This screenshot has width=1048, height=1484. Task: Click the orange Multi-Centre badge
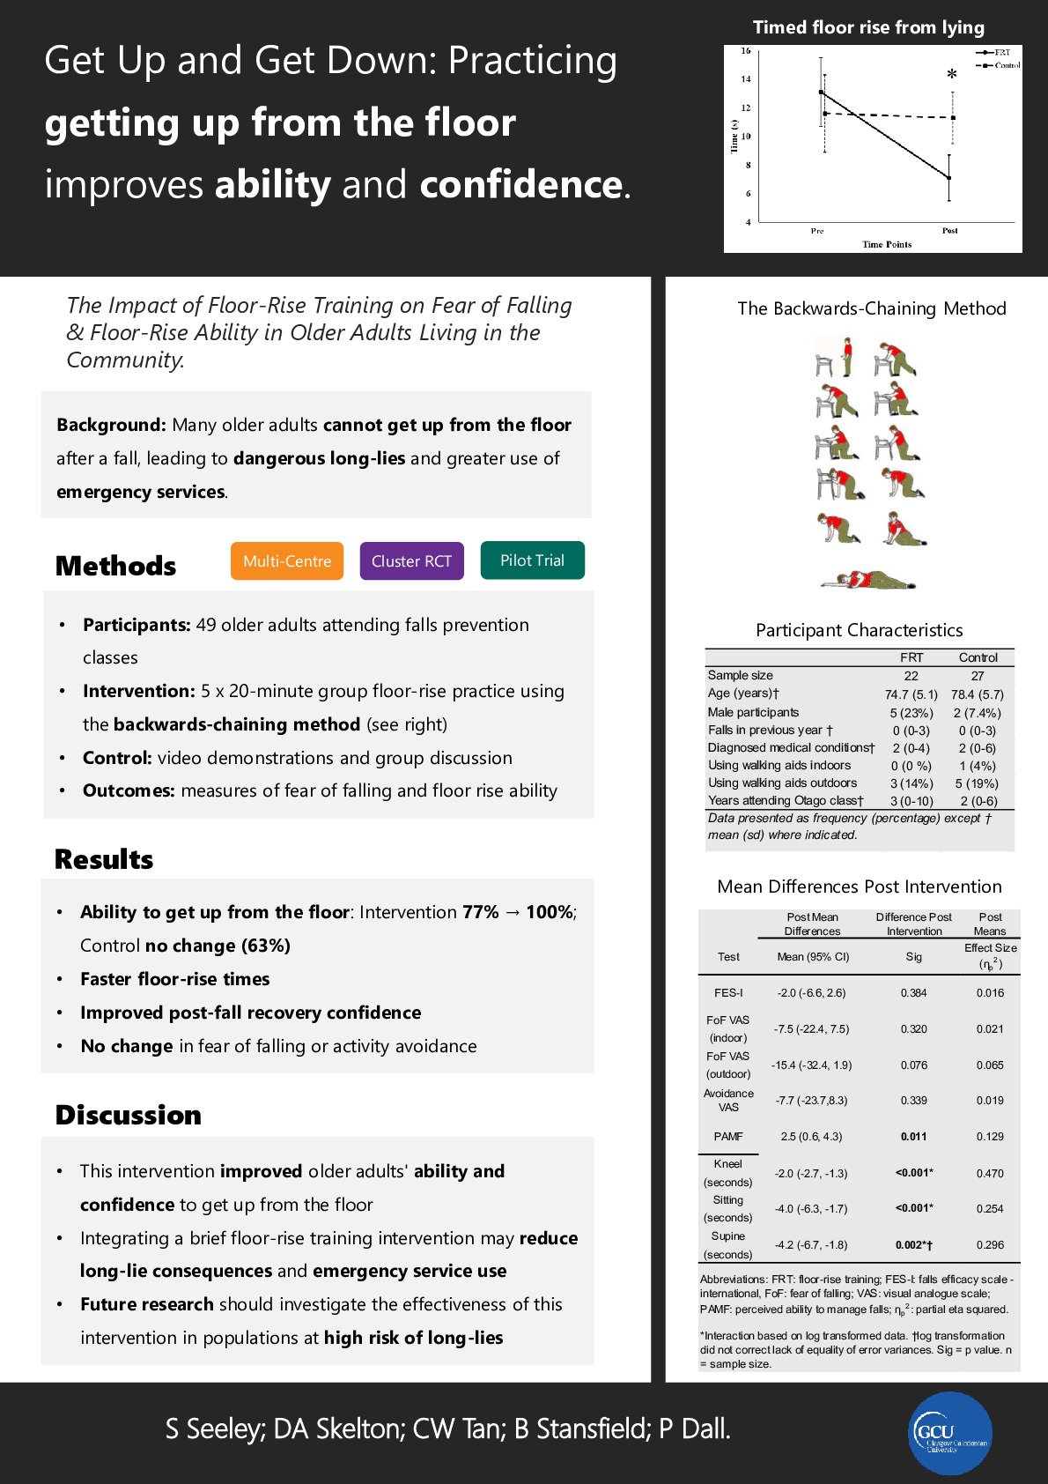[x=287, y=561]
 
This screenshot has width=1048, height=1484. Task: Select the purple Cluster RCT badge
[x=411, y=561]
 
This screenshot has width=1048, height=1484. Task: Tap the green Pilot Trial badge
[x=532, y=560]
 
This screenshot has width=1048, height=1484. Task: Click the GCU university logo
[x=949, y=1433]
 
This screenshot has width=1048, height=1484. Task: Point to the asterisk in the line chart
[x=951, y=77]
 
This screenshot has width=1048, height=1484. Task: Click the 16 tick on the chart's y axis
[x=745, y=51]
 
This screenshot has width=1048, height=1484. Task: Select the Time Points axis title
[x=887, y=244]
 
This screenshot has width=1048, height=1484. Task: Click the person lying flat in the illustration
[x=867, y=579]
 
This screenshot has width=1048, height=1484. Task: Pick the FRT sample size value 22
[x=911, y=676]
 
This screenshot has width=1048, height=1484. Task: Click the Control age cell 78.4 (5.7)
[x=977, y=694]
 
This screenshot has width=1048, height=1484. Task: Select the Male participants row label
[x=753, y=712]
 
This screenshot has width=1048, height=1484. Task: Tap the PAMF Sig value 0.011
[x=913, y=1137]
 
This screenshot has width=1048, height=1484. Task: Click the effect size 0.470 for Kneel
[x=989, y=1173]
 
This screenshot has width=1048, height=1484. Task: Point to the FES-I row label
[x=728, y=992]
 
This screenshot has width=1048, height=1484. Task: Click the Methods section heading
[x=115, y=566]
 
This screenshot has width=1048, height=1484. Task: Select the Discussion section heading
[x=128, y=1115]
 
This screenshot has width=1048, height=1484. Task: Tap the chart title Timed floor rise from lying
[x=868, y=27]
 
